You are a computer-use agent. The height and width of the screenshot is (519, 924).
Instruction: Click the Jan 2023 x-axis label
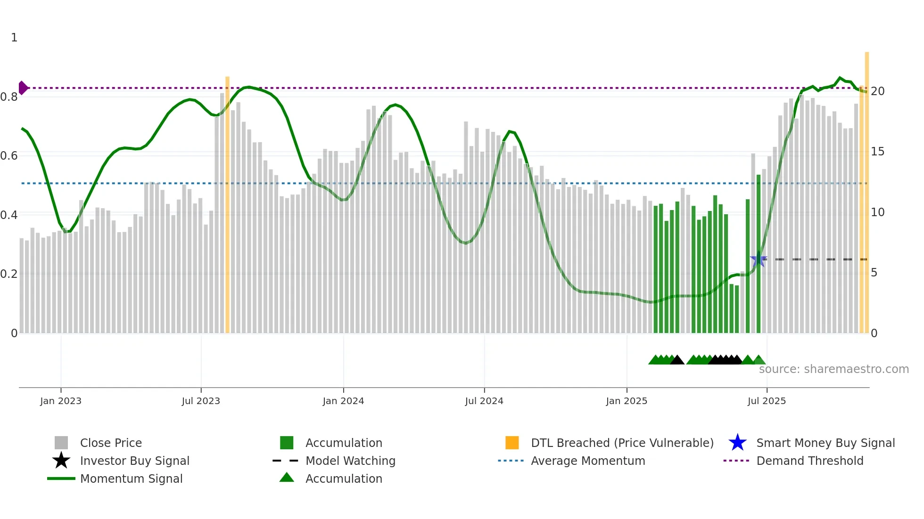coord(60,401)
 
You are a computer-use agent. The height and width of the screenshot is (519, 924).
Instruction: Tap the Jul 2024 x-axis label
coord(484,401)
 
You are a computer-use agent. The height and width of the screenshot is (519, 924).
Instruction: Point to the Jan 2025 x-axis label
coord(626,401)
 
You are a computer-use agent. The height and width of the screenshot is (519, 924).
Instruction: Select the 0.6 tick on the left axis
coord(9,155)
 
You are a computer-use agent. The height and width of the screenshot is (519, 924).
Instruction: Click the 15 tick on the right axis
coord(877,152)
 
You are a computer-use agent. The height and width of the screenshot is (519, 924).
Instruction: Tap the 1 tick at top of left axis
coord(14,38)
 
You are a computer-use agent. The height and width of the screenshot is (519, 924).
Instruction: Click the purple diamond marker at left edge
coord(23,88)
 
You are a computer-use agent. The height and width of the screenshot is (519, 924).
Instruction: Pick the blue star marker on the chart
coord(758,260)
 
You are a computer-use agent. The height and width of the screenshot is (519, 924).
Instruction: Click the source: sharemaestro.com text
coord(833,369)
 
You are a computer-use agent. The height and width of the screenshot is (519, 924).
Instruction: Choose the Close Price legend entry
coord(111,443)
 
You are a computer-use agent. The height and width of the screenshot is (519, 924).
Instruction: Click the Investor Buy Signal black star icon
coord(61,461)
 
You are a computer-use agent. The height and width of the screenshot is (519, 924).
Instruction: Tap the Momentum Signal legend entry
coord(131,478)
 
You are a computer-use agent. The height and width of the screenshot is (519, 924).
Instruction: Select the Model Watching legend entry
coord(350,461)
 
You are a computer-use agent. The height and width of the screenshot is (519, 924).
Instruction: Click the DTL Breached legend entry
coord(622,443)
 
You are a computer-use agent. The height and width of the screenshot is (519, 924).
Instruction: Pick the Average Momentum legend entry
coord(587,461)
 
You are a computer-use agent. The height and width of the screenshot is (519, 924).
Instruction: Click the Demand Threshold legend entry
coord(809,461)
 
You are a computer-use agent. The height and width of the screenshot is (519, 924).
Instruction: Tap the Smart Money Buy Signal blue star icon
coord(737,443)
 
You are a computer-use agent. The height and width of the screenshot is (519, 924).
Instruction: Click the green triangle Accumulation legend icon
coord(287,478)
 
